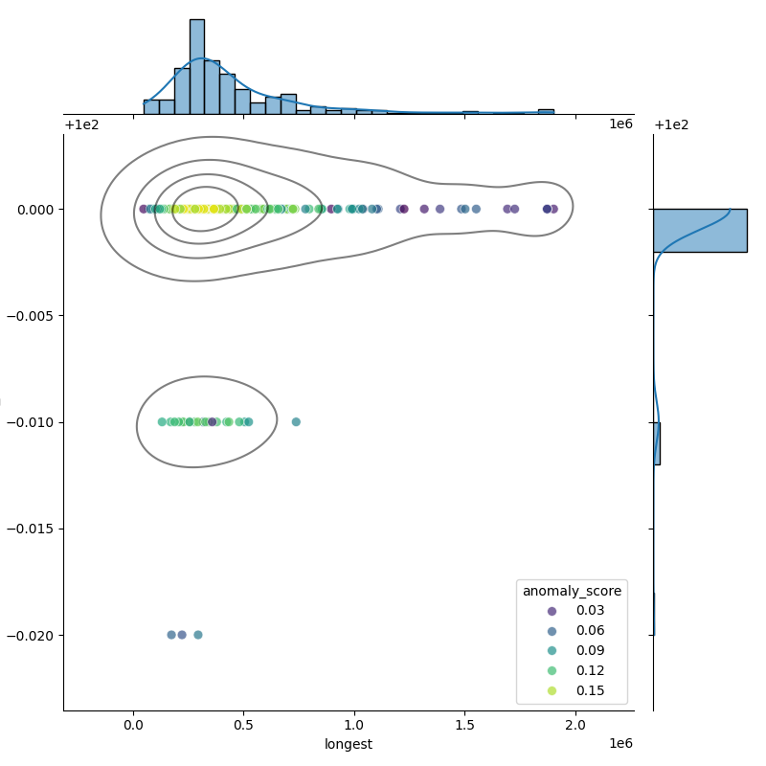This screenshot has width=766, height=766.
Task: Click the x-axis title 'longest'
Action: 349,744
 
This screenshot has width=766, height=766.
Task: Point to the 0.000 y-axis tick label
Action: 36,209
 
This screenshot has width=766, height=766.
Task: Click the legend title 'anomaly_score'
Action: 572,591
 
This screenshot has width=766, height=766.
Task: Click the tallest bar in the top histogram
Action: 197,67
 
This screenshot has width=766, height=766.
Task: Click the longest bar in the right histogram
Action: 699,230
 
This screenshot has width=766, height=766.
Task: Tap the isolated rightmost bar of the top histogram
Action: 546,112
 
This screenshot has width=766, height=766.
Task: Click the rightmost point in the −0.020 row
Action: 198,635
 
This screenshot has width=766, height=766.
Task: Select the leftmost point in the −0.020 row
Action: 171,635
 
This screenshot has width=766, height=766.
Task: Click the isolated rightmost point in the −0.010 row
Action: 296,422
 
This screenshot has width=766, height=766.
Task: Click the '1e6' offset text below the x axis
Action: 620,743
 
